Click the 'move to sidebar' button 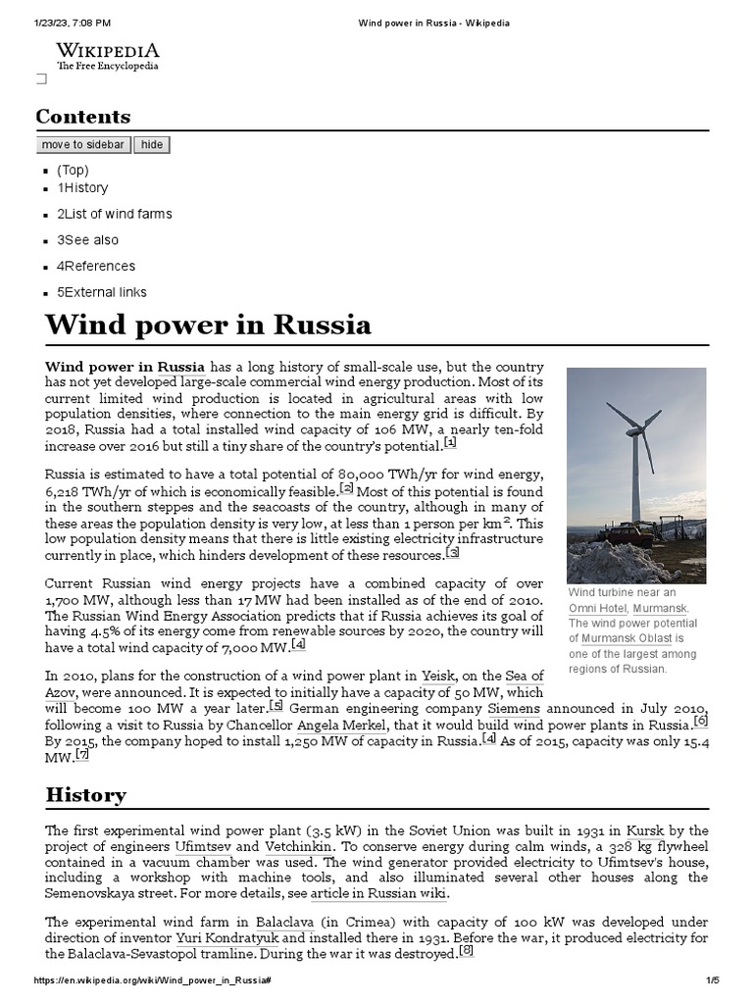tap(82, 145)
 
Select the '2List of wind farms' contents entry tap(114, 214)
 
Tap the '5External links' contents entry tap(102, 292)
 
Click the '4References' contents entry tap(96, 266)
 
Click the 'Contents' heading tap(83, 117)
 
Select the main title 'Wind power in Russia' tap(208, 325)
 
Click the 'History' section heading tap(85, 794)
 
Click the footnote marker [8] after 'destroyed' tap(466, 950)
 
